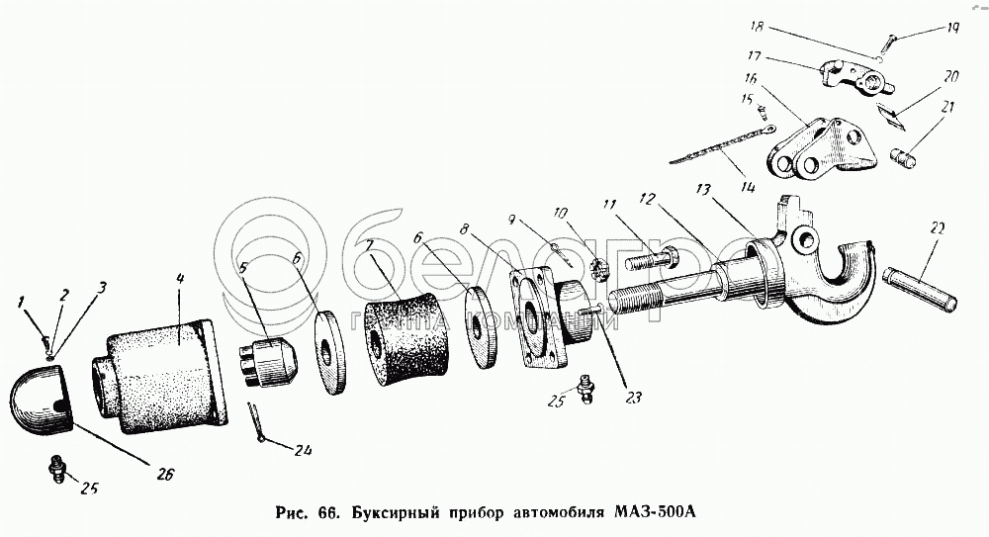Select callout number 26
click(x=165, y=474)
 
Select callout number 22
click(x=938, y=228)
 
